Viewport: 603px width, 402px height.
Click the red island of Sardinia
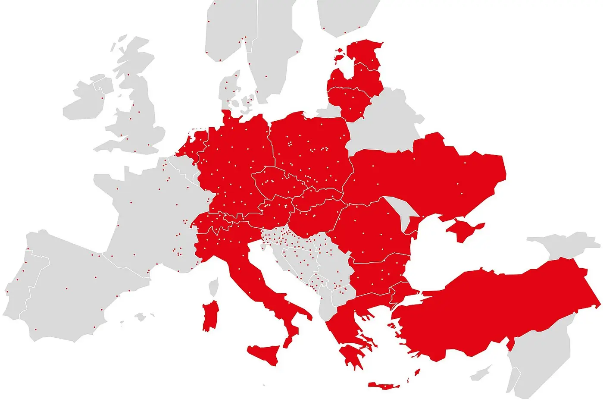[x=210, y=316]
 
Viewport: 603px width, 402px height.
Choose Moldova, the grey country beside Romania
[x=401, y=210]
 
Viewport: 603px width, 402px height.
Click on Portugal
[x=19, y=280]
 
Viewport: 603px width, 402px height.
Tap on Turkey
[x=496, y=306]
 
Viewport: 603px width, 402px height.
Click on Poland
[x=310, y=147]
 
